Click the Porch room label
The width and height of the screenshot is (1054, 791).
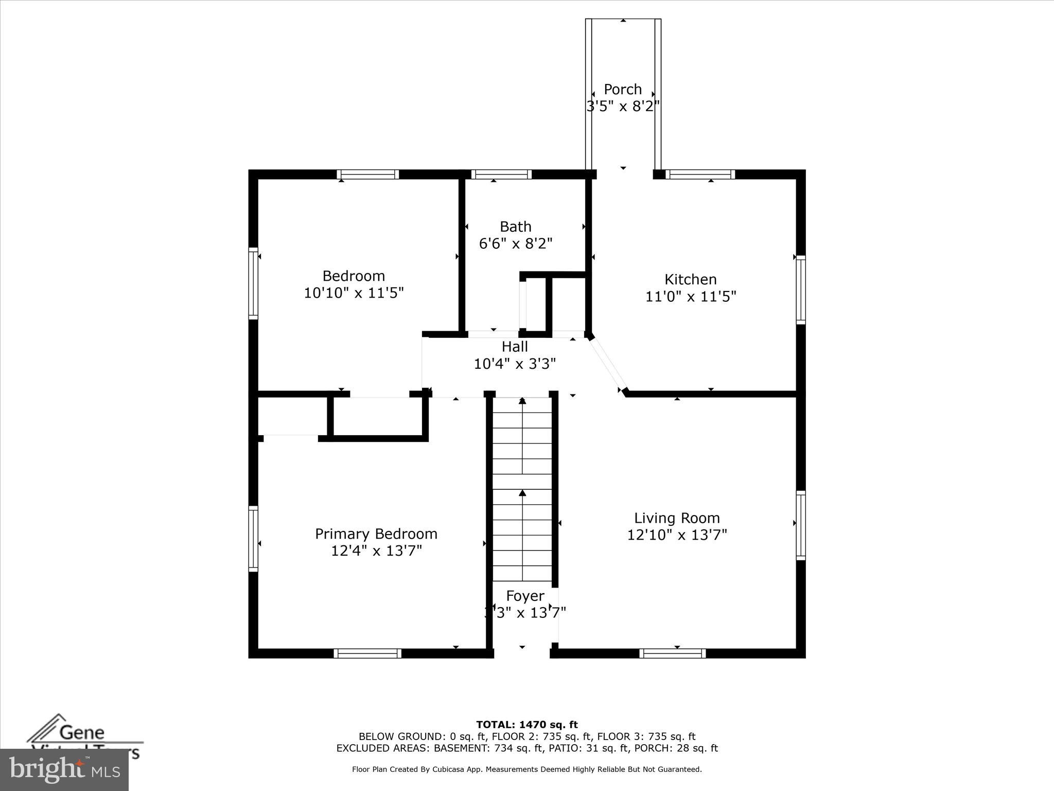pos(623,89)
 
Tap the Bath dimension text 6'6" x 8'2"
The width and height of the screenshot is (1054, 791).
pos(516,244)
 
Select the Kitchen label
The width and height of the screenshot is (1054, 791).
pos(691,279)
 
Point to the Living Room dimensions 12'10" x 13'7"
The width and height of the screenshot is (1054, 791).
pos(677,535)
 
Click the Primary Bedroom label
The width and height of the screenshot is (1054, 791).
pos(376,534)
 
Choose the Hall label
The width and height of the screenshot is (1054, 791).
pos(515,347)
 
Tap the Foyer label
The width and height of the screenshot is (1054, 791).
pos(525,596)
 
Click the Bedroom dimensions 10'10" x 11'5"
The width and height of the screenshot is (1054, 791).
pos(354,293)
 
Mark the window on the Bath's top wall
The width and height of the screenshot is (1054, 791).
pos(501,175)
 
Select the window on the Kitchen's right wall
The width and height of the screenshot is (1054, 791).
pos(801,289)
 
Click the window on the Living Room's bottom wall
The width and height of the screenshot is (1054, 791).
pos(673,653)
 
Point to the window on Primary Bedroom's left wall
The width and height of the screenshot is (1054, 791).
pos(253,539)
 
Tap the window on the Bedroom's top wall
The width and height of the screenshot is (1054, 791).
pos(368,175)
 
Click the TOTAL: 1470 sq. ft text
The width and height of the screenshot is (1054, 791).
pos(527,725)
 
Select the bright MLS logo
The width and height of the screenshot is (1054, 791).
pos(64,770)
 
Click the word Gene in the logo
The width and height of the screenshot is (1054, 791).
pos(82,732)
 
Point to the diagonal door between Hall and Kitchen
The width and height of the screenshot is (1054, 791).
pos(608,365)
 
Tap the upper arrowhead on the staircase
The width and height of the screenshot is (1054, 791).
pos(522,400)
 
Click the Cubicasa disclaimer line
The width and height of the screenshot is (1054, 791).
pos(527,769)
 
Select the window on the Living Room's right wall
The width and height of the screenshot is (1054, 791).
pos(801,525)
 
